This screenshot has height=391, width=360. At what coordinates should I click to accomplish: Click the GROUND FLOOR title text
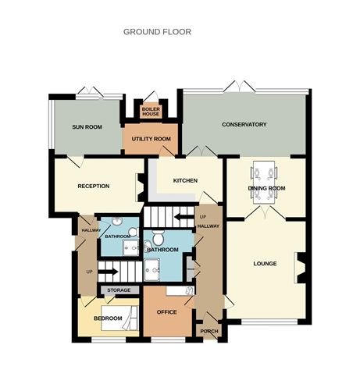click(157, 32)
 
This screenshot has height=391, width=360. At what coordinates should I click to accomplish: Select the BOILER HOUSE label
click(151, 111)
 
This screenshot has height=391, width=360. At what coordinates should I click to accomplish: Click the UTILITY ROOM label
click(151, 139)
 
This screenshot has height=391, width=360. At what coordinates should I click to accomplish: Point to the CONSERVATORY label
click(244, 125)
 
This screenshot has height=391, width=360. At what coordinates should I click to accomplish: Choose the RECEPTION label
click(93, 186)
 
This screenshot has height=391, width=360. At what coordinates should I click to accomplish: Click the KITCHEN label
click(185, 180)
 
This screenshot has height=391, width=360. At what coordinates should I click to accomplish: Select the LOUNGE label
click(265, 263)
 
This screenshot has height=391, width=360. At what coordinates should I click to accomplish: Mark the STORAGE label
click(119, 290)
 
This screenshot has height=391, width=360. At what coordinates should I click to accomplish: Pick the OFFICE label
click(167, 312)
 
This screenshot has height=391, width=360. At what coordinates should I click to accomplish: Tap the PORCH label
click(209, 331)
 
